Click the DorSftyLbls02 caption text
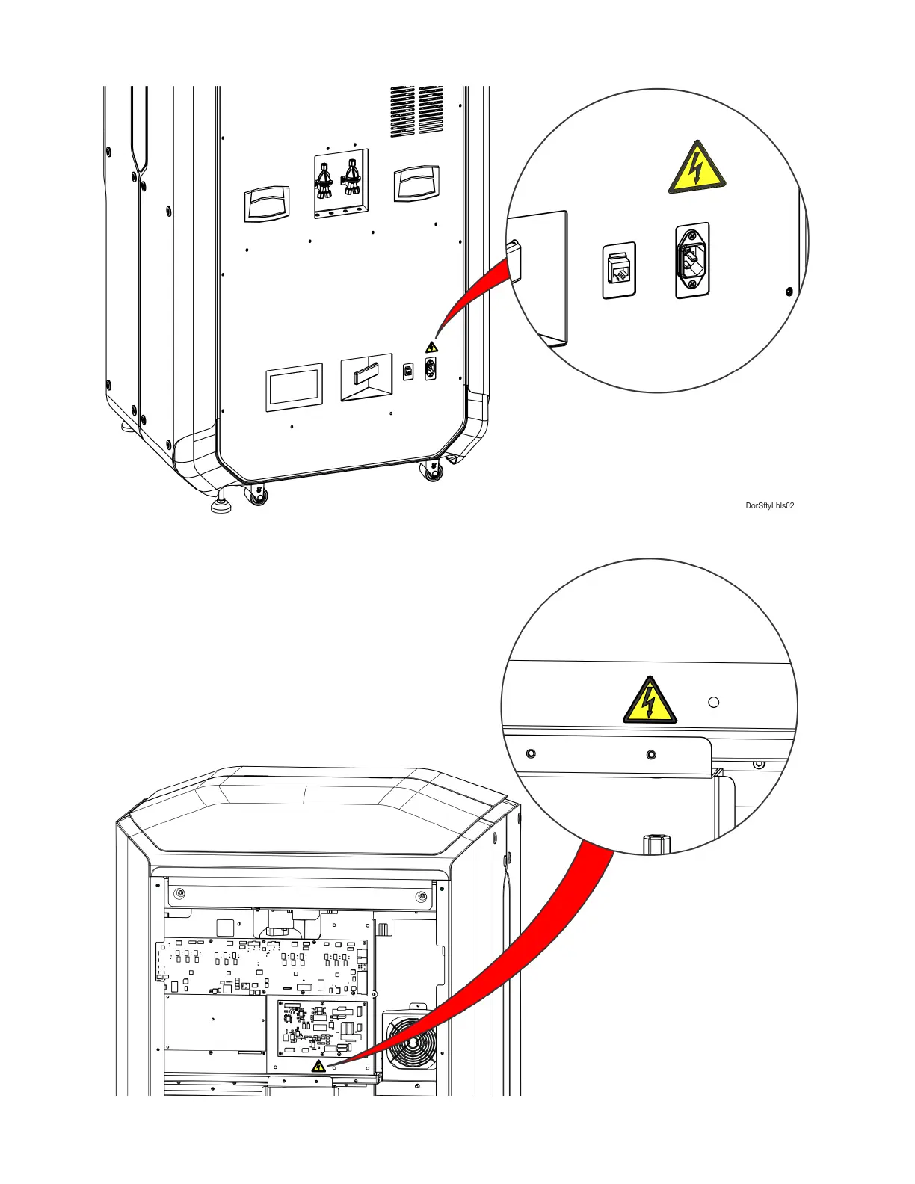point(769,506)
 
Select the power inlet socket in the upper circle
point(692,260)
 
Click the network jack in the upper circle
point(619,270)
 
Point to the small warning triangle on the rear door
point(431,348)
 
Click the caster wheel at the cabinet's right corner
point(433,472)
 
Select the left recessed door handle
point(266,203)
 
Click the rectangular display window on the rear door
point(294,387)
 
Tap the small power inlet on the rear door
point(431,369)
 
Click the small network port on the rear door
point(408,371)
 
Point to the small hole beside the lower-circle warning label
point(713,703)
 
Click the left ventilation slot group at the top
point(402,111)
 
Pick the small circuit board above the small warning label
point(322,1026)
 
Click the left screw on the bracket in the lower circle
point(531,753)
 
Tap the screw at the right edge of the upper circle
point(789,292)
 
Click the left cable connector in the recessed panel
point(324,182)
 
